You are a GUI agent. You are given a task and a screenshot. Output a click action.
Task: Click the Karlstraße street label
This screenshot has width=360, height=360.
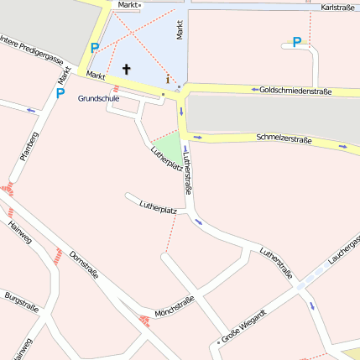click(x=337, y=8)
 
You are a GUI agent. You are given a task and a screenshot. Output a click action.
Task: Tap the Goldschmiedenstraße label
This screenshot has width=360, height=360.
click(x=296, y=90)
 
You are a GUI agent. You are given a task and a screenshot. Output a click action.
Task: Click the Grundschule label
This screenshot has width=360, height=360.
click(x=98, y=98)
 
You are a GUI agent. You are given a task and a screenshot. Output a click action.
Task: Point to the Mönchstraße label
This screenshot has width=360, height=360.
click(x=175, y=307)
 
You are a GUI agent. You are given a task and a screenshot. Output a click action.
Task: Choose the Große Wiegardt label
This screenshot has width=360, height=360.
click(x=243, y=326)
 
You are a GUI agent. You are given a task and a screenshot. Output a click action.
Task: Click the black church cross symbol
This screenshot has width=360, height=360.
click(x=128, y=69)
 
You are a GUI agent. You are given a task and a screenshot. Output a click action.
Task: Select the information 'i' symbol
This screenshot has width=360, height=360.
click(x=168, y=80)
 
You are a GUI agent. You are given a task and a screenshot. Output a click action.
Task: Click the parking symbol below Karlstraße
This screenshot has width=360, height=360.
click(x=296, y=41)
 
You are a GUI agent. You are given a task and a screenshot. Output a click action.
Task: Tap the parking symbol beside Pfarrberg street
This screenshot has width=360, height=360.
click(x=60, y=93)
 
